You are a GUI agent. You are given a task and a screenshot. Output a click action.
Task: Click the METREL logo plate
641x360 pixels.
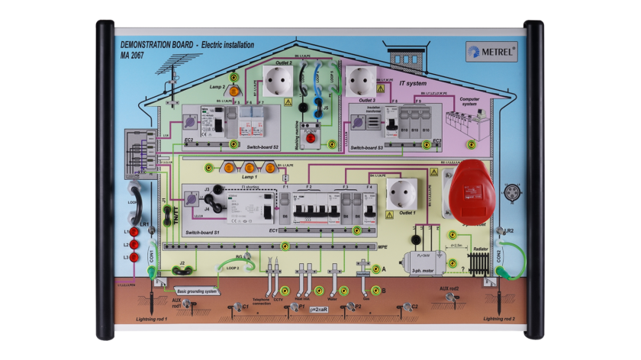click(491, 53)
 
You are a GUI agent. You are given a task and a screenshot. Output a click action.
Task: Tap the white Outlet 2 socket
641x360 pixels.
click(278, 79)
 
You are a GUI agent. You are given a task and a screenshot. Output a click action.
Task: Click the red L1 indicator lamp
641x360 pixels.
click(135, 231)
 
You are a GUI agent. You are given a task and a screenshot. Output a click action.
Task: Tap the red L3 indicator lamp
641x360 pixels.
click(135, 257)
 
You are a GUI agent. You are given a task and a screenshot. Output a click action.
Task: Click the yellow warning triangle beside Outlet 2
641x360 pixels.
click(288, 101)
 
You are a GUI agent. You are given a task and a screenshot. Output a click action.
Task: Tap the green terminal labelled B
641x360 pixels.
click(366, 291)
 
